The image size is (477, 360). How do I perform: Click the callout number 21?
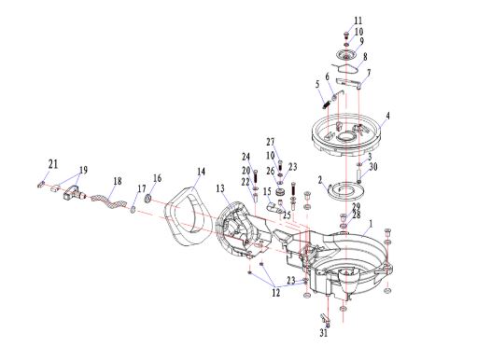[53, 164]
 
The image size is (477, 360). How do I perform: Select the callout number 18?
[118, 181]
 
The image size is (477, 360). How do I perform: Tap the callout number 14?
[202, 172]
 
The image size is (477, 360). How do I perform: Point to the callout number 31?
[324, 333]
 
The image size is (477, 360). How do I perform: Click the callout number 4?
[387, 116]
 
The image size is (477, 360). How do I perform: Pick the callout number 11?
[358, 21]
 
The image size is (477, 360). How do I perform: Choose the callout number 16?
[158, 178]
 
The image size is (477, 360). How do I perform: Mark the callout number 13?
[220, 188]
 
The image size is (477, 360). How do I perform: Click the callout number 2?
[320, 180]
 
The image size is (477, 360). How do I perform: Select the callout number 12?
[275, 293]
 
